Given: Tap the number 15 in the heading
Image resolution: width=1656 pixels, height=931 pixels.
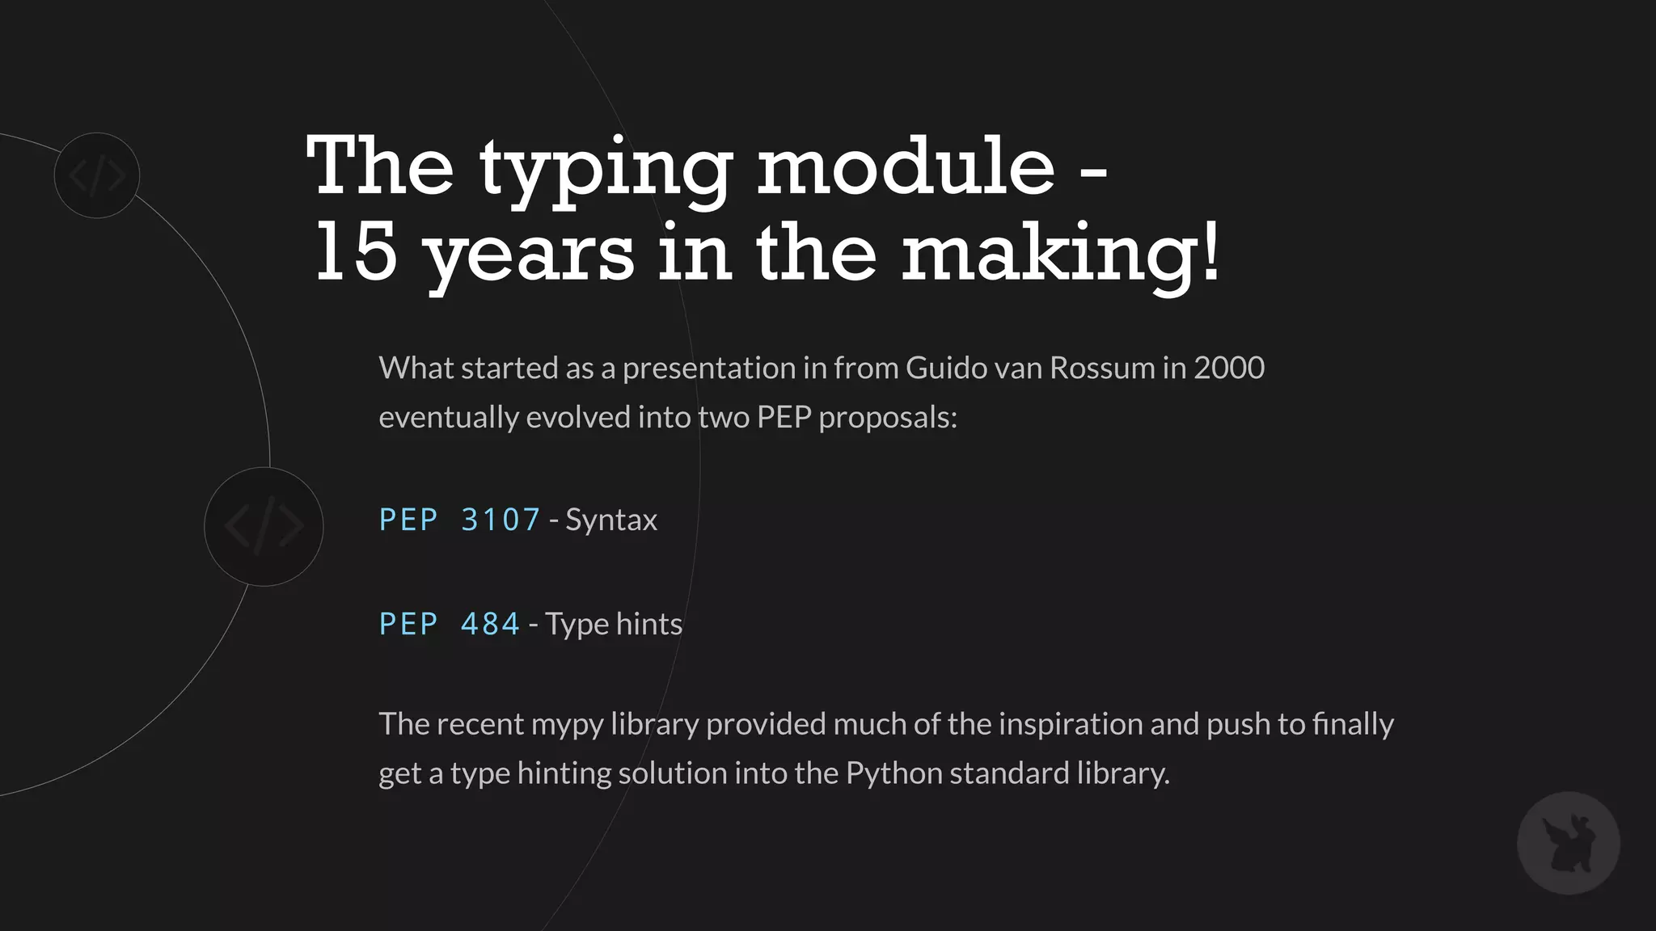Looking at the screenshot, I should tap(357, 252).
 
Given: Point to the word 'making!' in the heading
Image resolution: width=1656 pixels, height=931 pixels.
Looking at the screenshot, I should tap(1060, 255).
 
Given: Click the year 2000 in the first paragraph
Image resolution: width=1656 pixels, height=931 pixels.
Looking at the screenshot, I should tap(1229, 368).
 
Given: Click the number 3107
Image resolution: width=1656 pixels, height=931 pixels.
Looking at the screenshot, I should tap(501, 520).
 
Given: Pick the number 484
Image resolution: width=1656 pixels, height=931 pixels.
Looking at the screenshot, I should tap(490, 624).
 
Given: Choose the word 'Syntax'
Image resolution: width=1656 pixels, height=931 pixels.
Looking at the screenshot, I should tap(611, 520).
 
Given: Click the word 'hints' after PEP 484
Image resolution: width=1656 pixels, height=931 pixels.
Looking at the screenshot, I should tap(649, 624).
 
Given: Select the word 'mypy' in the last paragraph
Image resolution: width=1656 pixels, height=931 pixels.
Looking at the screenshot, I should tap(567, 725).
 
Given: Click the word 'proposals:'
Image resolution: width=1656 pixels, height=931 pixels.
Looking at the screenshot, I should tap(888, 418).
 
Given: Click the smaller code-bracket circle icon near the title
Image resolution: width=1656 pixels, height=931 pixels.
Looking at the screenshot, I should tap(97, 175).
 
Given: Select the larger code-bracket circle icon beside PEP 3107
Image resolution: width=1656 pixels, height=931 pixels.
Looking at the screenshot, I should tap(264, 527).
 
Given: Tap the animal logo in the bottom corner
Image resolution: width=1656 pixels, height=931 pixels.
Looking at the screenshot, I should tap(1568, 843).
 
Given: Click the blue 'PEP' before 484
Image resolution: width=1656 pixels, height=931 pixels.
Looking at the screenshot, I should tap(408, 624).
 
